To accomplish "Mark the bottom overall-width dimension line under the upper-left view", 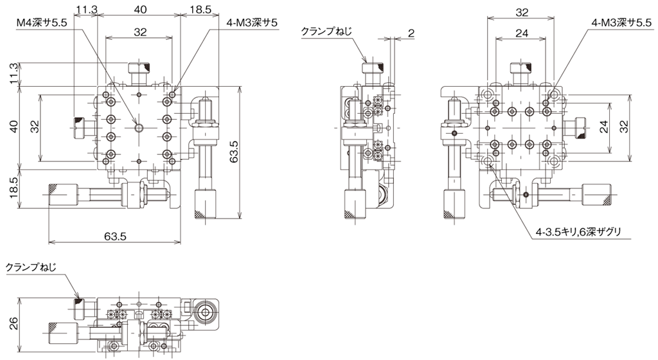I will coord(114,242).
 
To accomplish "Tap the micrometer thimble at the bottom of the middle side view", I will coord(355,203).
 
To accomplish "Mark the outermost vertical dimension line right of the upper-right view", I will coord(630,127).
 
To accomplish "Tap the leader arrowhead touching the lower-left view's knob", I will coord(79,299).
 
